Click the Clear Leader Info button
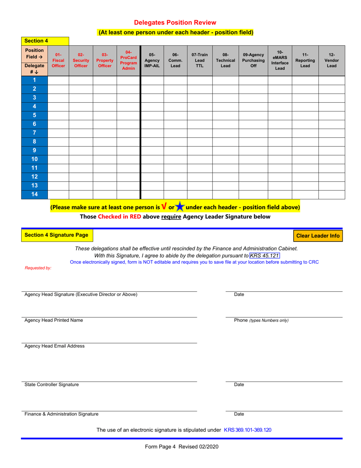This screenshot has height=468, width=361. point(318,236)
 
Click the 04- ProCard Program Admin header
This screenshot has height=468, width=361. point(128,60)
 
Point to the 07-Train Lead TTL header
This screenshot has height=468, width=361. point(199,60)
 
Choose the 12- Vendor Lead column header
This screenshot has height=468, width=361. point(331,60)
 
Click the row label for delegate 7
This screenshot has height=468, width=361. point(34,133)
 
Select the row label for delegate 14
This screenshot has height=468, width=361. point(34,194)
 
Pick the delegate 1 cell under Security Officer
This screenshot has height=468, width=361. point(81,80)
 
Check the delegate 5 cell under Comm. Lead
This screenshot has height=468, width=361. point(175,115)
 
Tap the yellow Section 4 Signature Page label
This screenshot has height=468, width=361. point(56,235)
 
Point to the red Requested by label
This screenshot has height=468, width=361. point(38,268)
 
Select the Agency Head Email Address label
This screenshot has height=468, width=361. point(55,346)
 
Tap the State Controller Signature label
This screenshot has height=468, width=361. point(52,384)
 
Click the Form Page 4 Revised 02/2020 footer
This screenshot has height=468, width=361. point(182,447)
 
